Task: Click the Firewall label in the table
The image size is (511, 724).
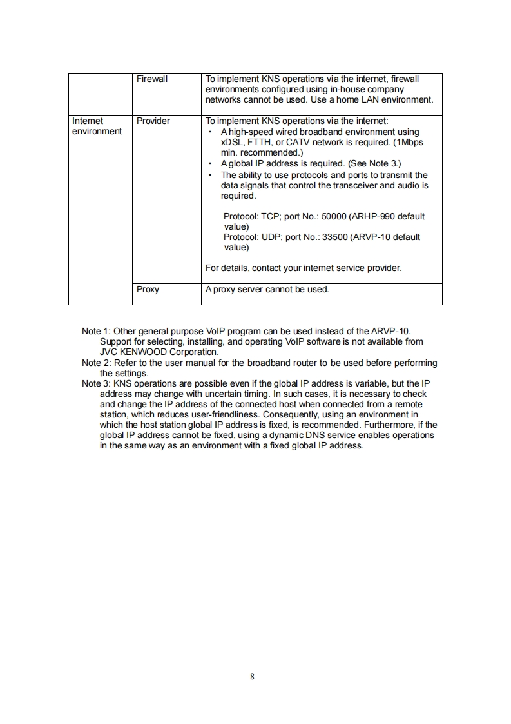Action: (152, 79)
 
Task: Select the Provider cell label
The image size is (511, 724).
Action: (153, 121)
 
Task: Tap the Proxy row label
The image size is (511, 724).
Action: (148, 289)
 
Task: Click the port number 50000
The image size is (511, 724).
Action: (334, 216)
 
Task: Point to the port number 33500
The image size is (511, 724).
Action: (335, 237)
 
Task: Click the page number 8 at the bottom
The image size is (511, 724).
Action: (252, 676)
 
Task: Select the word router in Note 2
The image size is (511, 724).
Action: (316, 363)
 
